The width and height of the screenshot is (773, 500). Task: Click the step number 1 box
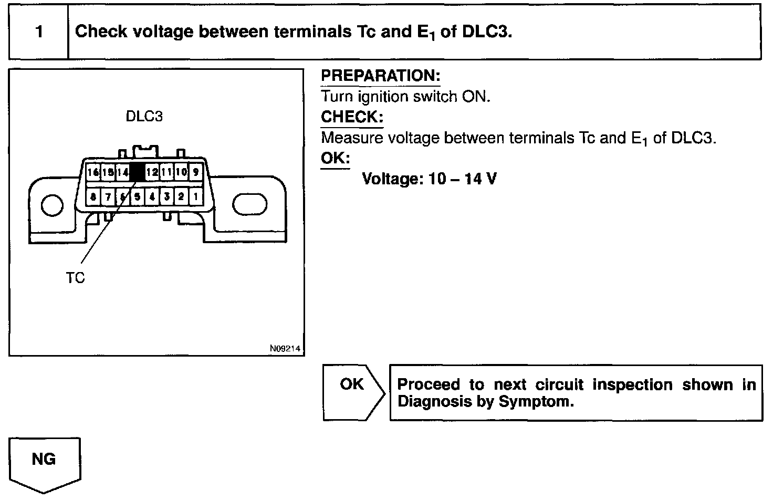point(39,32)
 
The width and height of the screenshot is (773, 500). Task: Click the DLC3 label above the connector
point(144,116)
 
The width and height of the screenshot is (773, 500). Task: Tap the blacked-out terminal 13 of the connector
point(138,172)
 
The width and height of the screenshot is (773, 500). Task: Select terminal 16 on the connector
point(93,172)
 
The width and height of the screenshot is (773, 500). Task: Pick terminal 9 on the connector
point(196,172)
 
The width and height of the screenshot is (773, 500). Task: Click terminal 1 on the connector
point(195,197)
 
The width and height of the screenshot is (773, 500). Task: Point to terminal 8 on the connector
point(93,197)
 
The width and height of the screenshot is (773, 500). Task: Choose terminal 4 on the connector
point(152,197)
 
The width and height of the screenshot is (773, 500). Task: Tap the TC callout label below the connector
point(76,278)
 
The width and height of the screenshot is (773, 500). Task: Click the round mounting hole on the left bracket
point(51,205)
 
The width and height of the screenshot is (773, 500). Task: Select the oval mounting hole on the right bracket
point(249,205)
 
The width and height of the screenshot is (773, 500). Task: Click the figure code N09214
point(286,348)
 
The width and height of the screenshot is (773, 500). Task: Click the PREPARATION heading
point(380,76)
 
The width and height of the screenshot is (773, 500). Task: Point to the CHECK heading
point(352,117)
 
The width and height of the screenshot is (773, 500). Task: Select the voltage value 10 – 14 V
point(462,179)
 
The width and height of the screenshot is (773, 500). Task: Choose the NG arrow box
point(44,462)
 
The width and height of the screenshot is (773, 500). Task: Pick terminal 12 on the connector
point(152,172)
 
